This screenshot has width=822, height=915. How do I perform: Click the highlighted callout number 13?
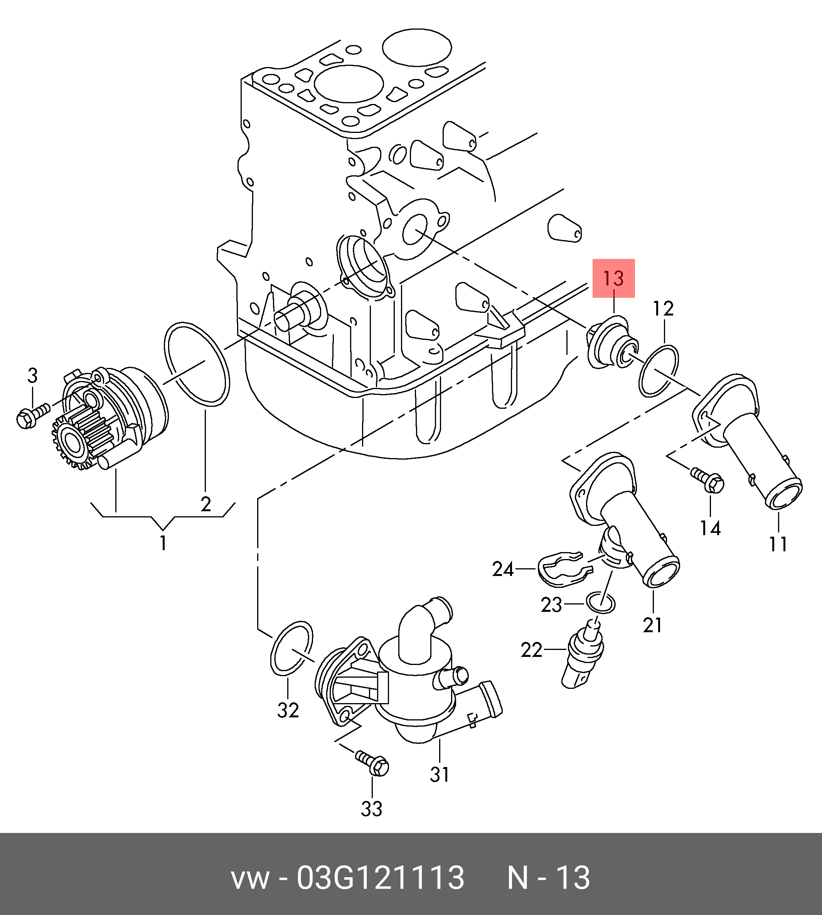tap(613, 278)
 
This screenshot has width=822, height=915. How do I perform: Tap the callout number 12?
tap(664, 309)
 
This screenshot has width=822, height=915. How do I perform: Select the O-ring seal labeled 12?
tap(640, 371)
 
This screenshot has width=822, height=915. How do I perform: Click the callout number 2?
tap(206, 504)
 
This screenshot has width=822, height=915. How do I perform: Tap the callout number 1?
tap(163, 543)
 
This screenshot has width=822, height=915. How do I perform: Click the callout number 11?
tap(778, 544)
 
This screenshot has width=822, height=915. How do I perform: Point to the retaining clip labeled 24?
tap(564, 571)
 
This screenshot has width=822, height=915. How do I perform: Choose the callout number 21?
tap(653, 625)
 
